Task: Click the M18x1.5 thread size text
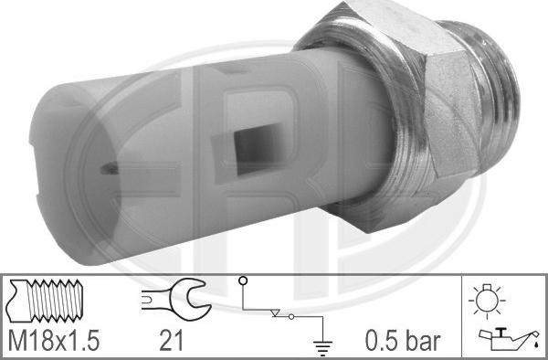pyautogui.click(x=54, y=341)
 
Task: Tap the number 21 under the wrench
pyautogui.click(x=172, y=341)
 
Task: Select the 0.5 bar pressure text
pyautogui.click(x=403, y=341)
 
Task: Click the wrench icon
pyautogui.click(x=176, y=299)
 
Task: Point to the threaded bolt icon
pyautogui.click(x=45, y=301)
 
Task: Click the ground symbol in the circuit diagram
pyautogui.click(x=322, y=348)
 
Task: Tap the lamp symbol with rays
pyautogui.click(x=487, y=301)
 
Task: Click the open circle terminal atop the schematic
pyautogui.click(x=243, y=281)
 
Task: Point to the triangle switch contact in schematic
pyautogui.click(x=276, y=312)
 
